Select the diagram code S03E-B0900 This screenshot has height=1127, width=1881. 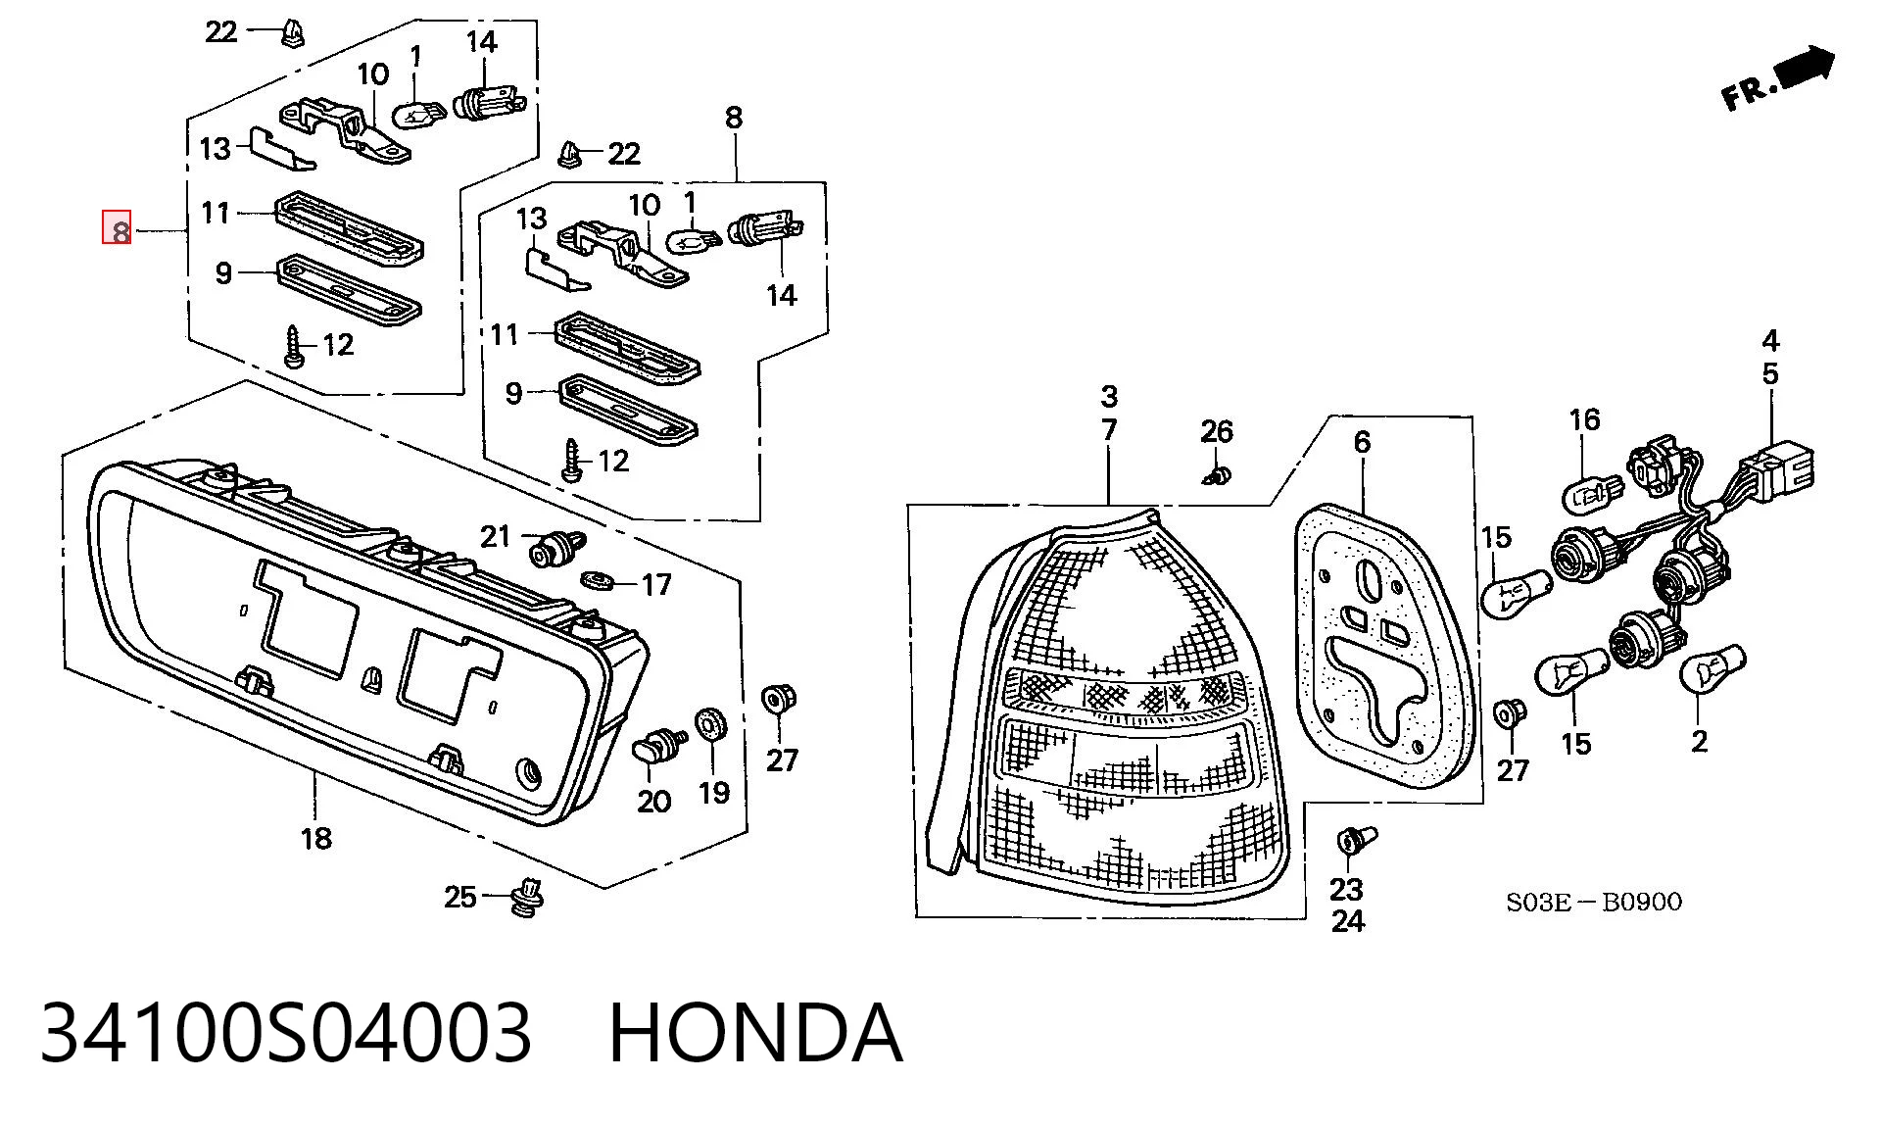pos(1593,902)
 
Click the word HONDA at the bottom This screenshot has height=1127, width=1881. pos(754,1033)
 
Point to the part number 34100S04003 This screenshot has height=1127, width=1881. pos(286,1033)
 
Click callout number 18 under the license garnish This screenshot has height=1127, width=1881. pos(315,838)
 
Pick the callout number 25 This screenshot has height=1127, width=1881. pos(459,897)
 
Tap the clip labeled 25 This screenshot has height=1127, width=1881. pos(529,897)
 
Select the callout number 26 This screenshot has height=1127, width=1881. pos(1217,431)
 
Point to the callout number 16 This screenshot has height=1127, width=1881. pos(1584,420)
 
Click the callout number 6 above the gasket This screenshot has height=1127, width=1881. pos(1362,442)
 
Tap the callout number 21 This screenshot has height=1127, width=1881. pos(495,536)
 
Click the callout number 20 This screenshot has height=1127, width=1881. pos(653,801)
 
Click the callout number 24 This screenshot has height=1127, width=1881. pos(1347,921)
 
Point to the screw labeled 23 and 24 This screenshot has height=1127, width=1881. pos(1355,843)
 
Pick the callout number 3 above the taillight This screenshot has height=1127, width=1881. pos(1108,397)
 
